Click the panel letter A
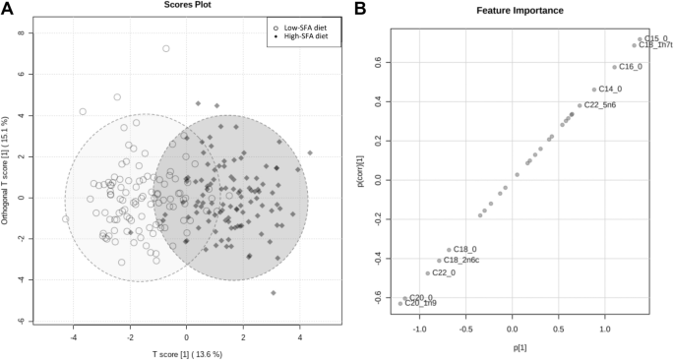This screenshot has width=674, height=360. coord(7,9)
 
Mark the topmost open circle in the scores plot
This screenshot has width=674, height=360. coord(166,48)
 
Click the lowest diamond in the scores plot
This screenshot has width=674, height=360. coord(273,292)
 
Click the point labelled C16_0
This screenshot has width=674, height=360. coord(615,67)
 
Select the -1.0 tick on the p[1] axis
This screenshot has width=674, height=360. coord(421,331)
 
